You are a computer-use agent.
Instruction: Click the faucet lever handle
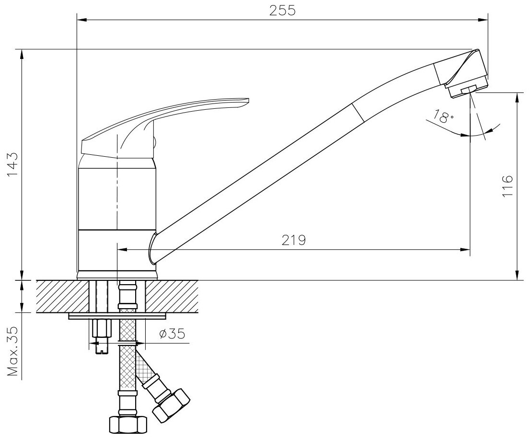[x=168, y=115]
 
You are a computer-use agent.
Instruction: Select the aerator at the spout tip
[x=465, y=90]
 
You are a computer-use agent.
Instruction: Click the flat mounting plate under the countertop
[x=117, y=316]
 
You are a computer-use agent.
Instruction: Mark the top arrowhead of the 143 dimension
[x=22, y=53]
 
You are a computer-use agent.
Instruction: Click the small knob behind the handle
[x=155, y=142]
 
